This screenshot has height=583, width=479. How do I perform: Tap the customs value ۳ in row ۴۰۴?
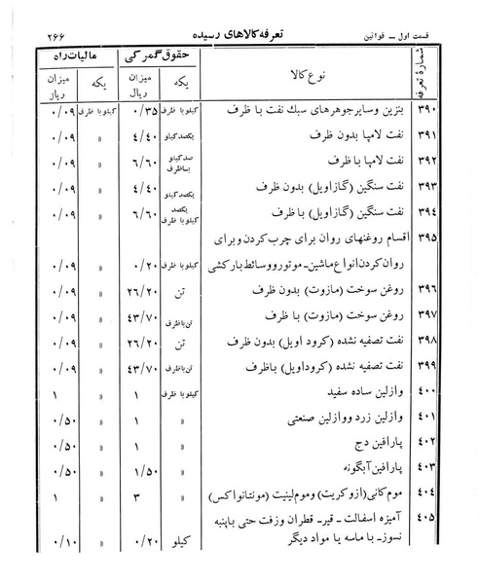[x=140, y=498]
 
